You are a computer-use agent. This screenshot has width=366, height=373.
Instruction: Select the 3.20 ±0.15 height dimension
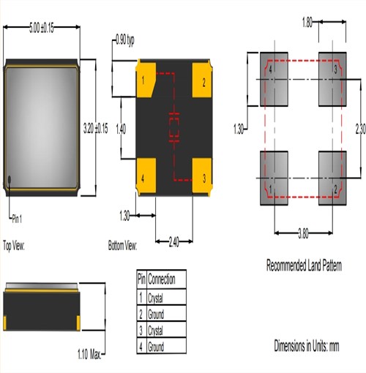97,127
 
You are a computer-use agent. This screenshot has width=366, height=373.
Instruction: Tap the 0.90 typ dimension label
125,41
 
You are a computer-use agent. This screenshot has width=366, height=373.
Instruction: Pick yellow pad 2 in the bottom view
202,77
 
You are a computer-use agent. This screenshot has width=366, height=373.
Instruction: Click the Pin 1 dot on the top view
10,179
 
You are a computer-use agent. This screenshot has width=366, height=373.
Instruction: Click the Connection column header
166,279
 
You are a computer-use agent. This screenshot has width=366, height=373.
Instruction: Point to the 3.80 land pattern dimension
302,233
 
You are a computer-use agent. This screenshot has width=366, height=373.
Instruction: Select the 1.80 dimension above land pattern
308,23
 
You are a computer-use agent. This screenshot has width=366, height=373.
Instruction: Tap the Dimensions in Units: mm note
307,344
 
